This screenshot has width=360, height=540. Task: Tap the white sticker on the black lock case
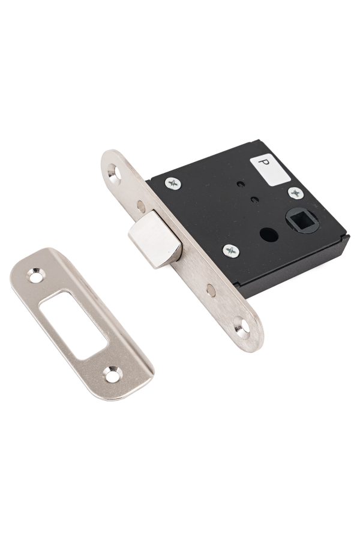tap(270, 170)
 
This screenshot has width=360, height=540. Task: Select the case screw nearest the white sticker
tap(296, 193)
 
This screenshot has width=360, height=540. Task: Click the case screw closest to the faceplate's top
tap(173, 183)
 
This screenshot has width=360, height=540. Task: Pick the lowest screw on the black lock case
tap(231, 251)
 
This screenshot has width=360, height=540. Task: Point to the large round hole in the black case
tap(268, 235)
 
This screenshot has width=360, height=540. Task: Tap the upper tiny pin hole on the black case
tap(241, 185)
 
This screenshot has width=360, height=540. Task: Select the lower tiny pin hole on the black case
tap(254, 199)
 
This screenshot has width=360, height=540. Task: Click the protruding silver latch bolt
tap(155, 239)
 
